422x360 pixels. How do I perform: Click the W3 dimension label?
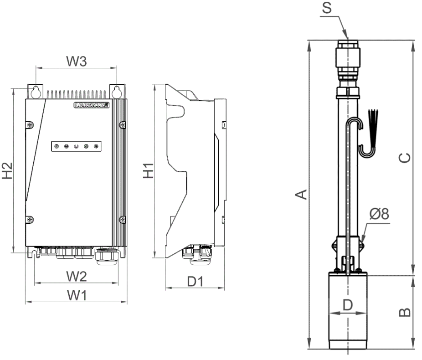[x=77, y=62]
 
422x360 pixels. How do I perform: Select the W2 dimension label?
[x=77, y=277]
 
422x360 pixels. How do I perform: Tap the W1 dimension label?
[x=77, y=295]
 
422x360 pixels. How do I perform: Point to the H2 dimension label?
[x=7, y=170]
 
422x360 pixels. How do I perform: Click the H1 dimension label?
[x=148, y=170]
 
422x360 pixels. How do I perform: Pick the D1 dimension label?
[x=195, y=282]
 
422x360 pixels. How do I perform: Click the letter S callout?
[x=327, y=8]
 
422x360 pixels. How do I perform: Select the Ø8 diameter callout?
[x=379, y=214]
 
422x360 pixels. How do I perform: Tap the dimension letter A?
[x=301, y=194]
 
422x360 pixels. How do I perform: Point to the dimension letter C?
[x=405, y=158]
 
